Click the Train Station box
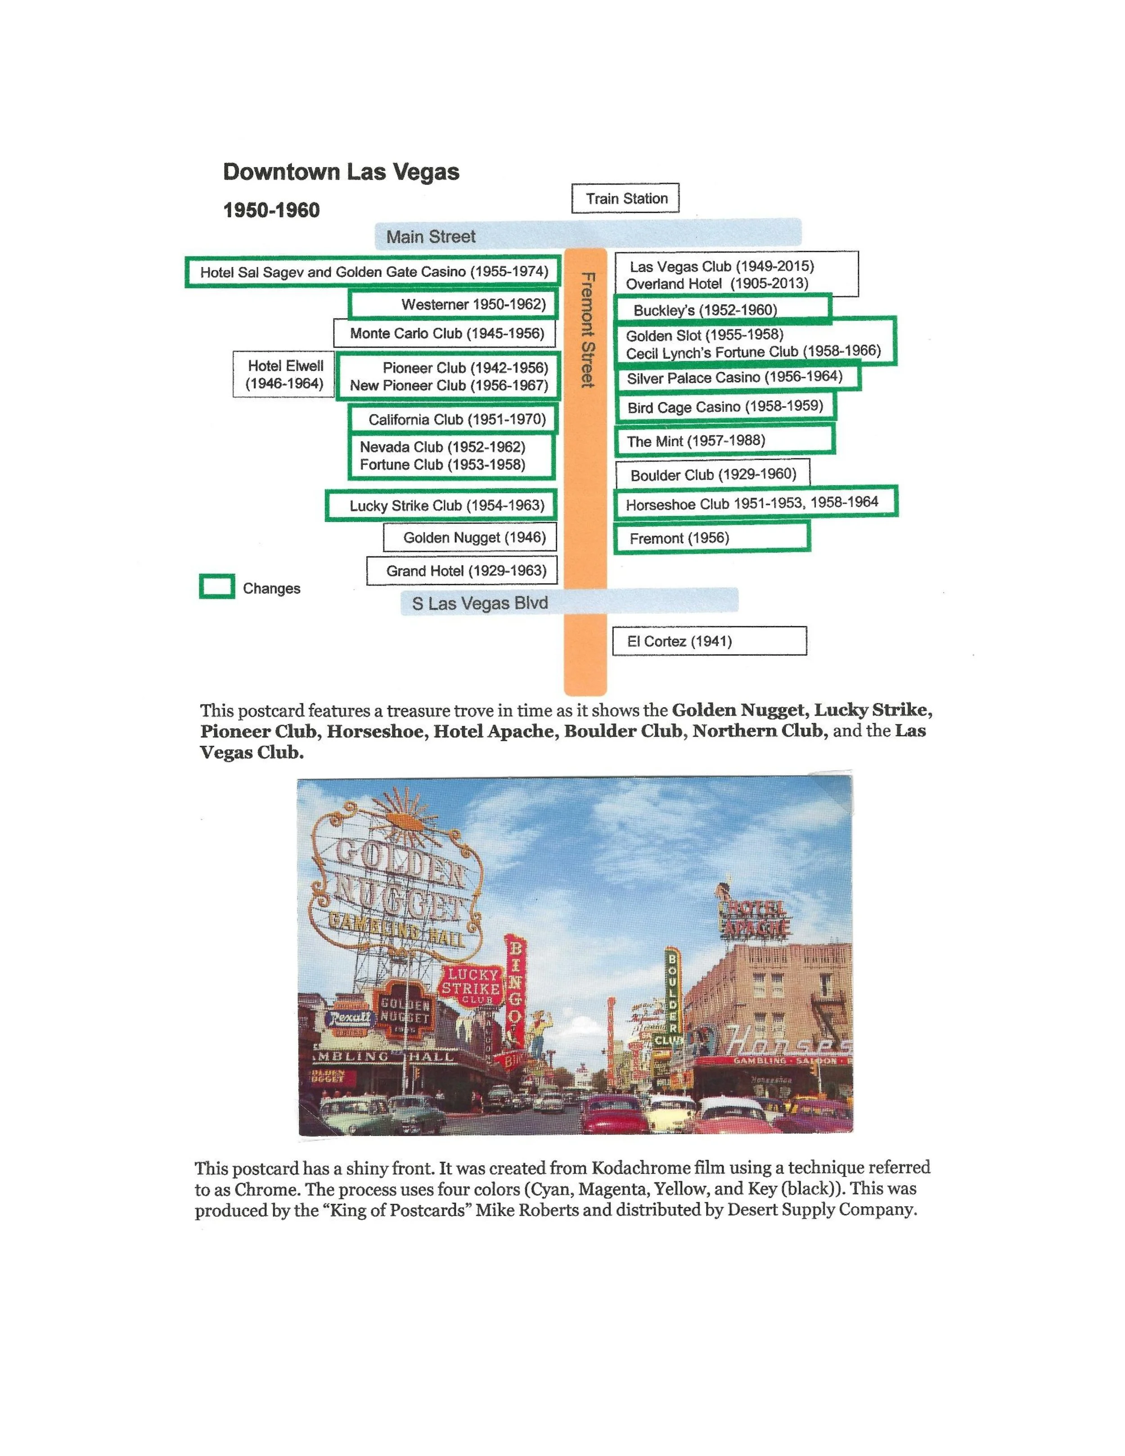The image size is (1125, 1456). tap(625, 198)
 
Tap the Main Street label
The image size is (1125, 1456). tap(431, 237)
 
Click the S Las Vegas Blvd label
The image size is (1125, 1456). tap(480, 604)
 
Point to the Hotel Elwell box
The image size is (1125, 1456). tap(284, 374)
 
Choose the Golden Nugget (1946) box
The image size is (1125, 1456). tap(470, 537)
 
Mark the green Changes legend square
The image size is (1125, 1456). tap(216, 586)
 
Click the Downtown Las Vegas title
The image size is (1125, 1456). tap(341, 172)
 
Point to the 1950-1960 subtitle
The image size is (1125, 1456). tap(271, 210)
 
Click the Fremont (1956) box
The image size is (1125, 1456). tap(711, 537)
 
